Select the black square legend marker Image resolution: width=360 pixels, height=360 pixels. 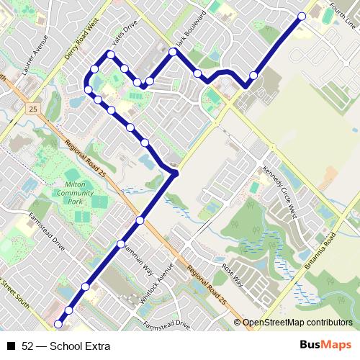11,346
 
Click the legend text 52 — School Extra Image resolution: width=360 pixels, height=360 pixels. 66,346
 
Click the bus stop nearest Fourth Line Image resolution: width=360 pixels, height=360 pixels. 302,16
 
